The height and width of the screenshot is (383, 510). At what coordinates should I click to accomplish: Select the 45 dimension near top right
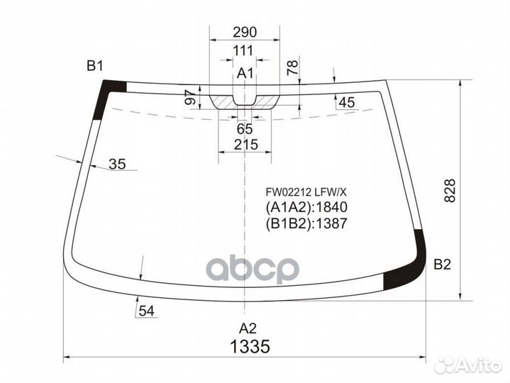[346, 103]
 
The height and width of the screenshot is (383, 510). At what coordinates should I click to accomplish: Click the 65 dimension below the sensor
[244, 129]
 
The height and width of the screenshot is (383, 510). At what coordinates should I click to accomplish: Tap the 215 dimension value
[244, 145]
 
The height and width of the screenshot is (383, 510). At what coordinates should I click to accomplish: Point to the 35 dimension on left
[117, 165]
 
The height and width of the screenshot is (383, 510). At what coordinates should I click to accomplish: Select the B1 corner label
[95, 67]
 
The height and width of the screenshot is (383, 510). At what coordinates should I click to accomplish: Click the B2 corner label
[442, 265]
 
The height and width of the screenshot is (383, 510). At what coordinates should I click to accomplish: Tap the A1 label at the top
[245, 73]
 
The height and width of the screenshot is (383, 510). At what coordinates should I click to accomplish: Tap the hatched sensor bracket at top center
[243, 101]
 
